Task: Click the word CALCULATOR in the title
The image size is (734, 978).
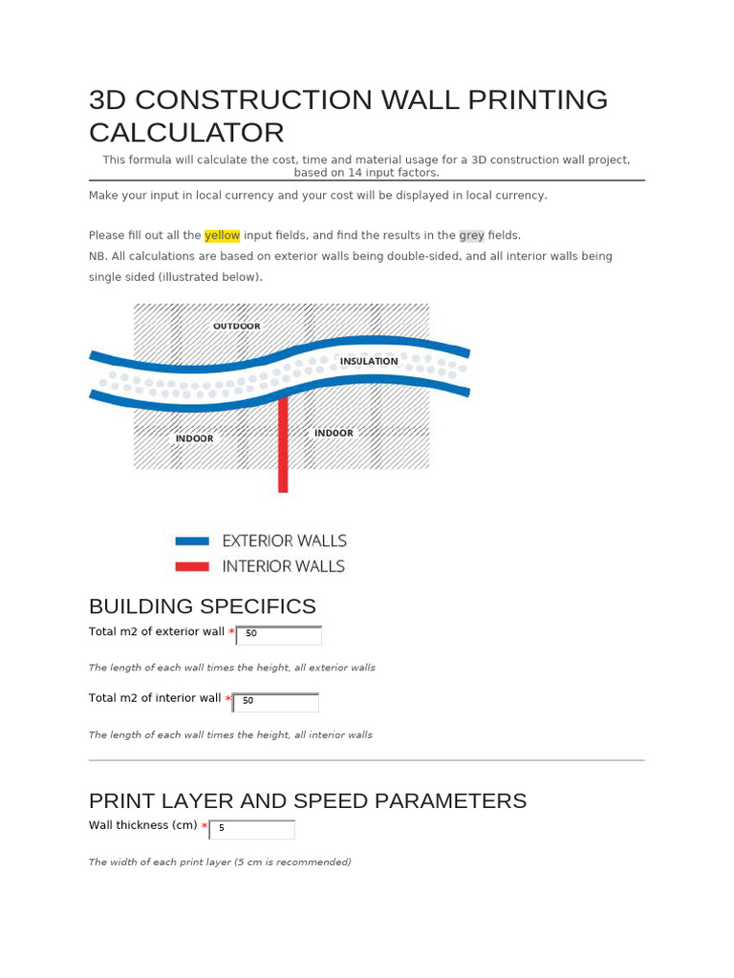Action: pos(186,133)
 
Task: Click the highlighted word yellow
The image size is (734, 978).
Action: pos(223,235)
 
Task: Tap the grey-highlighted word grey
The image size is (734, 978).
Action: pos(471,235)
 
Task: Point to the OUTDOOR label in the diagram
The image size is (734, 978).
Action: pos(237,326)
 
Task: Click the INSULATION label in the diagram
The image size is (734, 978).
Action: pos(369,361)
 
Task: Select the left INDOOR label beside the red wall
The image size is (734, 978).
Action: pos(195,438)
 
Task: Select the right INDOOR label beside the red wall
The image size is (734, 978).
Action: pos(334,433)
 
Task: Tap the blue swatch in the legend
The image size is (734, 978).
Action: pos(191,541)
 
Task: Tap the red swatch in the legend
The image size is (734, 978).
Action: pos(191,566)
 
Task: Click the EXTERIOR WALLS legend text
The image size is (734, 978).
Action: pos(284,541)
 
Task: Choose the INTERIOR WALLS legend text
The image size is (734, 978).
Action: pos(283,566)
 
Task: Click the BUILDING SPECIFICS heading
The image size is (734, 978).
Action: pos(202,606)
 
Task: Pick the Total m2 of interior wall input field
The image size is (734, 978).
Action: pos(276,701)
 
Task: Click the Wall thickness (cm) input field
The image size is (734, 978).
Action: pos(252,828)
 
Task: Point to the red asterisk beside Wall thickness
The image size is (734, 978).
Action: pos(205,826)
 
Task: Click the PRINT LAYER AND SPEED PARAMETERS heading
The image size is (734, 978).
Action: pos(307,800)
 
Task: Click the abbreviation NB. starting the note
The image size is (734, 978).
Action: pos(97,256)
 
